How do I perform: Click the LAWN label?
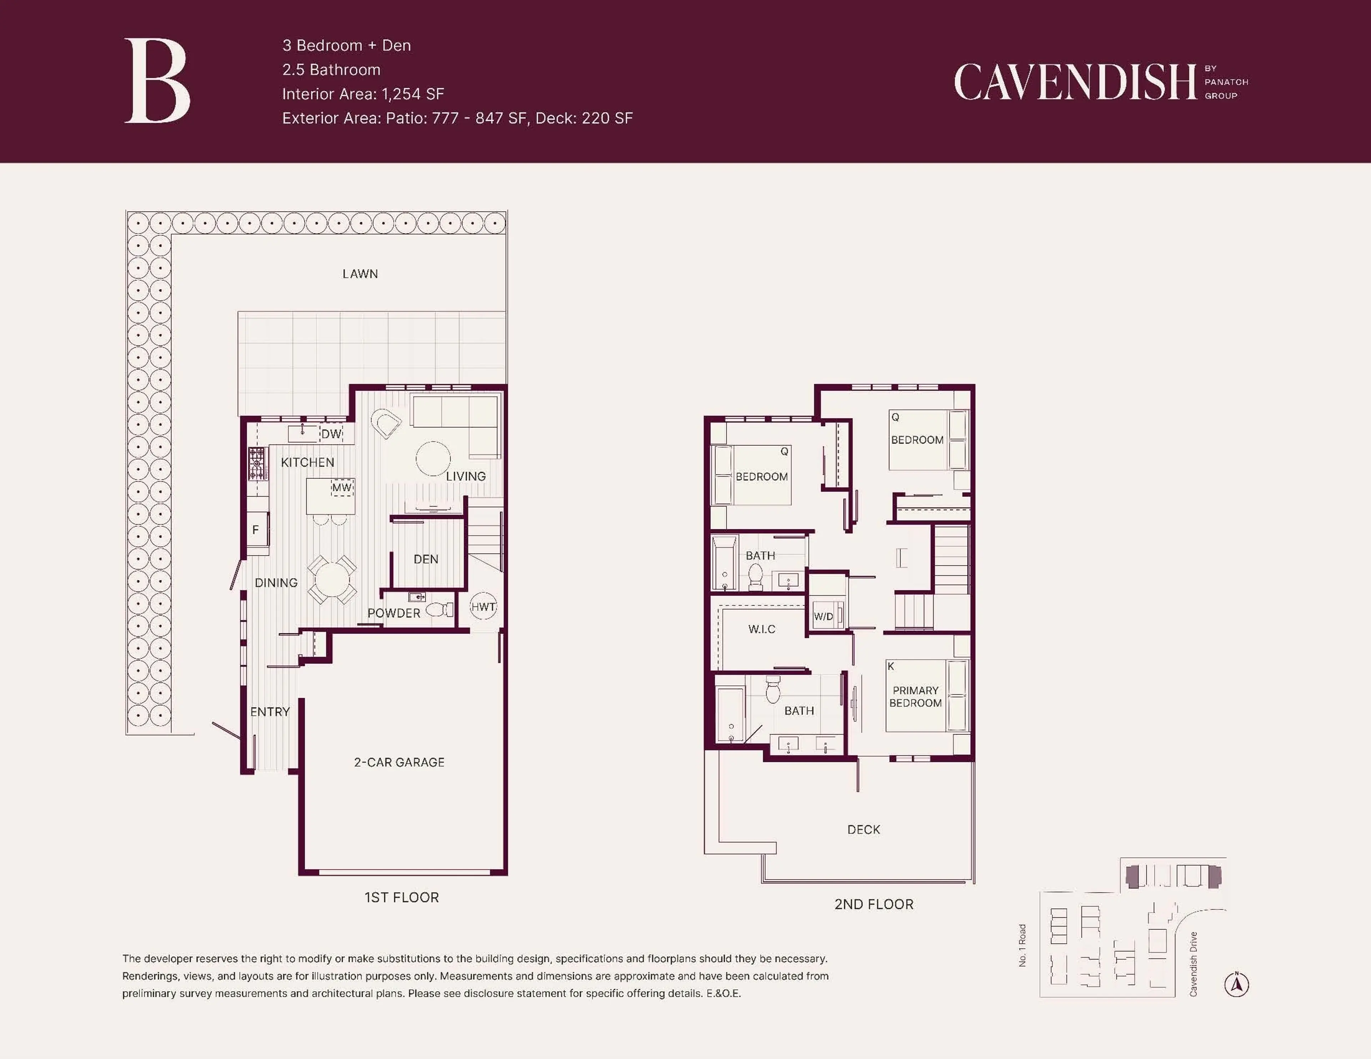point(360,274)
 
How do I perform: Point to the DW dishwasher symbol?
point(331,434)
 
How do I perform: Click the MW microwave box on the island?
point(341,488)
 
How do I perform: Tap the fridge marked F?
point(256,530)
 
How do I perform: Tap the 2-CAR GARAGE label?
point(399,762)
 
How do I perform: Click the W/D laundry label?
point(823,616)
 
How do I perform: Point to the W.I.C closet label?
point(762,629)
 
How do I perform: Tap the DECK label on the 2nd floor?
point(863,829)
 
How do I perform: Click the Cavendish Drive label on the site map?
point(1193,964)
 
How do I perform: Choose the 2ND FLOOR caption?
point(873,904)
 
